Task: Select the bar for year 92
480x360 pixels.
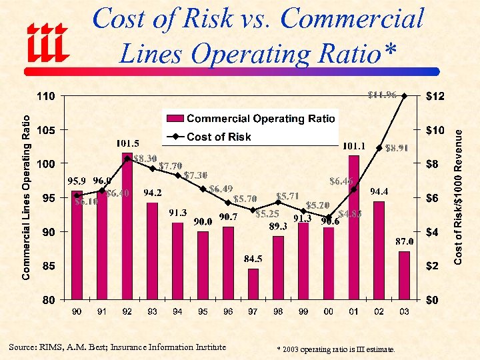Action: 127,227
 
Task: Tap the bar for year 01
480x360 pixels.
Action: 354,227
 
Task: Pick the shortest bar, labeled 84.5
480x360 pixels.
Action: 253,284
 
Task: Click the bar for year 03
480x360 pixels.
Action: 405,275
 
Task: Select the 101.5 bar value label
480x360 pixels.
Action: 127,143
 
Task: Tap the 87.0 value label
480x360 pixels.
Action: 405,241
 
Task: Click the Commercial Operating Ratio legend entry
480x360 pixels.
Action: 260,119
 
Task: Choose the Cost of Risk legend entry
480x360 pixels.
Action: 219,137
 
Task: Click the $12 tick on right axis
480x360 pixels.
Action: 434,97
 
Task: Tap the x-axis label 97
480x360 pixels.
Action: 253,311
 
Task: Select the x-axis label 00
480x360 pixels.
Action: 329,311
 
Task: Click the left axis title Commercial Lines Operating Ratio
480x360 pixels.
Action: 27,197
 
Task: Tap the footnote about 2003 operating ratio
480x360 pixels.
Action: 335,349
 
